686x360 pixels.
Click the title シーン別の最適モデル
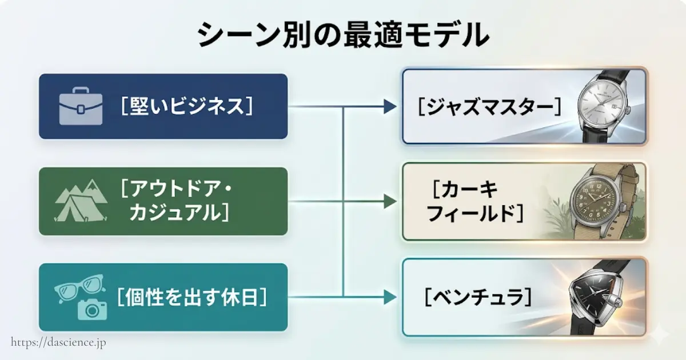[x=343, y=35]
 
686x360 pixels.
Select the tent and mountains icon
[x=80, y=201]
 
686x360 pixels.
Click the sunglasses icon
[x=78, y=288]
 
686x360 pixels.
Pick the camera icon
[x=92, y=309]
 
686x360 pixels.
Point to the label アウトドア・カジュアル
[x=182, y=201]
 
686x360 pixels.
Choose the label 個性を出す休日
[x=192, y=297]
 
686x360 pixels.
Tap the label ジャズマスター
[x=489, y=106]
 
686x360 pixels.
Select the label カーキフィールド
[x=475, y=201]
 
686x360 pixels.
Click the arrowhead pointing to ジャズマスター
[x=390, y=106]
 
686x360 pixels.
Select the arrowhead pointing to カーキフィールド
[x=390, y=201]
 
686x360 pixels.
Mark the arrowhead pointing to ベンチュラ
[x=390, y=297]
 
